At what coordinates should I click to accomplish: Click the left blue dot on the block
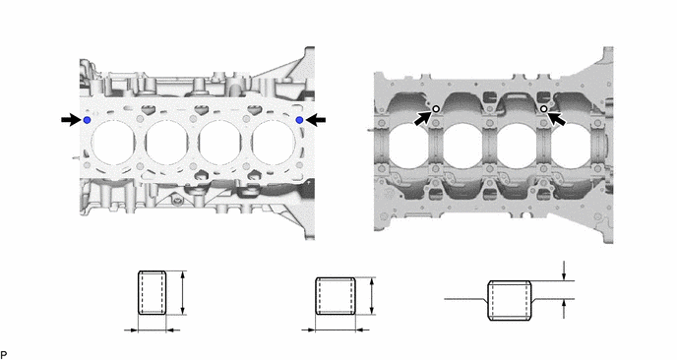(x=87, y=120)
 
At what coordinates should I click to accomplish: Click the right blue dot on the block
(x=299, y=120)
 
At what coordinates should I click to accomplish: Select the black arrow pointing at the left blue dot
(x=71, y=120)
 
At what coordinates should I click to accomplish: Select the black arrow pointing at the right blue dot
(x=316, y=120)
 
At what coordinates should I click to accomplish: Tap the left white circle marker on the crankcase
(x=436, y=109)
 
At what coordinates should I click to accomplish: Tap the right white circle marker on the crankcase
(x=544, y=109)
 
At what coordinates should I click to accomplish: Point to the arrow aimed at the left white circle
(x=423, y=118)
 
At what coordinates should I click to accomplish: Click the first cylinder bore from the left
(x=113, y=143)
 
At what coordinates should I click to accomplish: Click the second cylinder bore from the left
(x=166, y=143)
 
